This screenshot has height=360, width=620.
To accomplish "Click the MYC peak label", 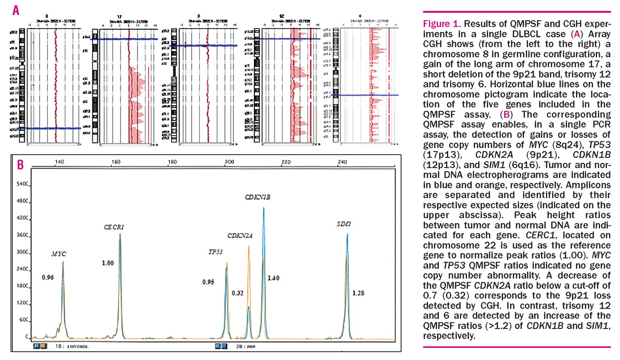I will [x=59, y=254].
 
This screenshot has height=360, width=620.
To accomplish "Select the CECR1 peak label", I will [x=114, y=227].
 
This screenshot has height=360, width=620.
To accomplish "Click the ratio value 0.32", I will [x=238, y=293].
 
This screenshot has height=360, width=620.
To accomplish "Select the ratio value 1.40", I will [x=274, y=278].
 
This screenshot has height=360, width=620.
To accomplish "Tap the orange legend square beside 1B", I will [x=43, y=346].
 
